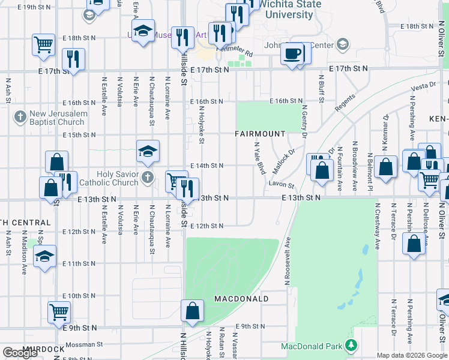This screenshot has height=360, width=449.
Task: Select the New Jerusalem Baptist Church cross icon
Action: [20, 116]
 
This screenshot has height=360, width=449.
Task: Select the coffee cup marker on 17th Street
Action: [292, 54]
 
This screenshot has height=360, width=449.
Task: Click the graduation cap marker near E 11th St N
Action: [44, 256]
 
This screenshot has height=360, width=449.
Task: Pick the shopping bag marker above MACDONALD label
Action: [192, 311]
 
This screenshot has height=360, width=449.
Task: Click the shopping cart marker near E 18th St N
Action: [44, 44]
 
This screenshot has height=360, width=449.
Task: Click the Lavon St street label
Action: [281, 185]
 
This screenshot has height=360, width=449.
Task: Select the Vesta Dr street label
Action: [423, 88]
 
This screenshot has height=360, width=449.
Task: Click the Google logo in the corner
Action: [20, 353]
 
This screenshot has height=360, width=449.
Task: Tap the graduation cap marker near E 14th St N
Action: [148, 152]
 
